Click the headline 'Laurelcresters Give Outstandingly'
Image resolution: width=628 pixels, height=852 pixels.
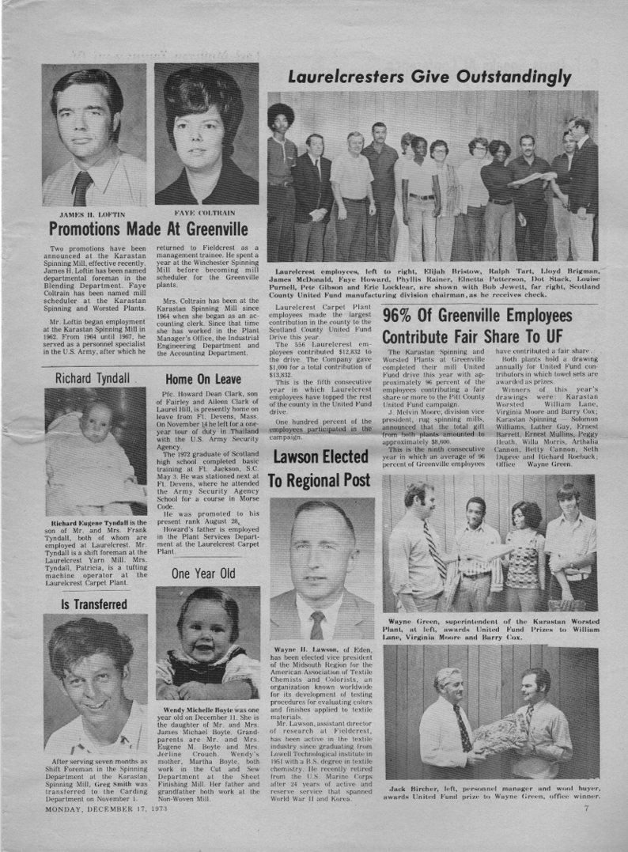coord(429,77)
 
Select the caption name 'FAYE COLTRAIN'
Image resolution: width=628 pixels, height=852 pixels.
coord(203,214)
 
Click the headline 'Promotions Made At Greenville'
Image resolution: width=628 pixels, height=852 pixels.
coord(149,230)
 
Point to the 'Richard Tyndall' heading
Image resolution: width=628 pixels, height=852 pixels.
coord(92,378)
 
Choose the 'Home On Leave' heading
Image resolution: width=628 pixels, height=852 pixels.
coord(203,379)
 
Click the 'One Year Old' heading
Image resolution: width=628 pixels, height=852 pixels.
coord(203,573)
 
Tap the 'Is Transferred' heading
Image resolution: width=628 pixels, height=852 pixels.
coord(94,604)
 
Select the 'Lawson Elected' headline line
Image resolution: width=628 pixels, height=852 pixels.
coord(320,456)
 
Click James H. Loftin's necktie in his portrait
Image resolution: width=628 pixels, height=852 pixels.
coord(82,188)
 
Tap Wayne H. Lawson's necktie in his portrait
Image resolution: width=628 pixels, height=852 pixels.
coord(317,624)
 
